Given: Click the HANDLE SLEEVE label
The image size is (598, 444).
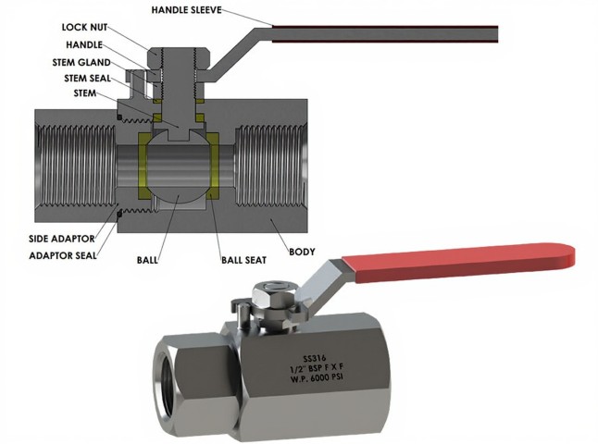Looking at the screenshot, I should pos(193,10).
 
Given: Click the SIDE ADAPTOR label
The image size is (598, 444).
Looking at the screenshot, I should pos(50,239).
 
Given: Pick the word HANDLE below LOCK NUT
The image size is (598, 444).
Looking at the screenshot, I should pos(84,44).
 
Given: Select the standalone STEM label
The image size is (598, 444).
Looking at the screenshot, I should pos(87,93).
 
